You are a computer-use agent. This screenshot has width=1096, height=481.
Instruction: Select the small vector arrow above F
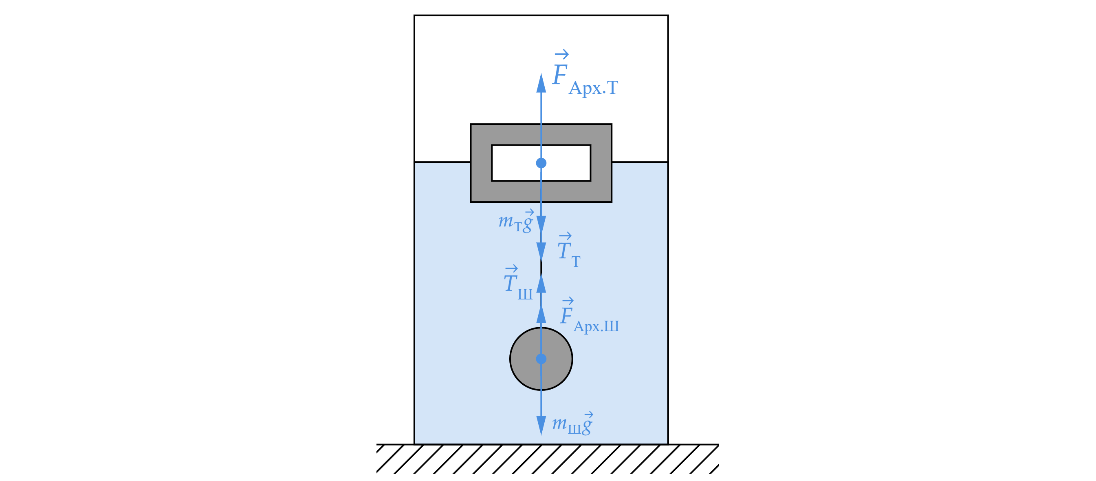click(561, 54)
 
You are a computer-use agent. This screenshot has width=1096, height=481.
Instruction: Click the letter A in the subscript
click(576, 88)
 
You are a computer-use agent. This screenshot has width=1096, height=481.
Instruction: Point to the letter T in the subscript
click(612, 88)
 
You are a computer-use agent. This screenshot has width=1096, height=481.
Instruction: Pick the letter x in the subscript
click(596, 89)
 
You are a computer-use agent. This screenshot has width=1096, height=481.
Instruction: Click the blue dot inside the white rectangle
click(541, 163)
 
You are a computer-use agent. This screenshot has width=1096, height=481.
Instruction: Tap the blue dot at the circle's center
click(541, 359)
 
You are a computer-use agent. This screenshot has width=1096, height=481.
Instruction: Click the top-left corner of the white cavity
click(492, 146)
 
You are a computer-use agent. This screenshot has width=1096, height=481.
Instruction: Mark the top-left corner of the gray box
click(472, 125)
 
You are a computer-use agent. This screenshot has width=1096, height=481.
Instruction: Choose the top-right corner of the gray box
click(611, 125)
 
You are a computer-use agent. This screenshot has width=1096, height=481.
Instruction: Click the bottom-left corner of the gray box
click(471, 202)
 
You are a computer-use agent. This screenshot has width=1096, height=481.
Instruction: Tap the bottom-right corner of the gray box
click(612, 202)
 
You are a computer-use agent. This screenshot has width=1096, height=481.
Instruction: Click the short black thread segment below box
click(541, 266)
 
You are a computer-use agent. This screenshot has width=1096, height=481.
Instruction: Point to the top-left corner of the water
click(416, 164)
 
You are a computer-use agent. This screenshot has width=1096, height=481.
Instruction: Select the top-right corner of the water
click(666, 164)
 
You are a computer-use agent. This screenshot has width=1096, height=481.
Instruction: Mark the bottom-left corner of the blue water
click(416, 443)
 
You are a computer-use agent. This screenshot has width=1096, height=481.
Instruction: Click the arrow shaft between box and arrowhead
click(541, 109)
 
